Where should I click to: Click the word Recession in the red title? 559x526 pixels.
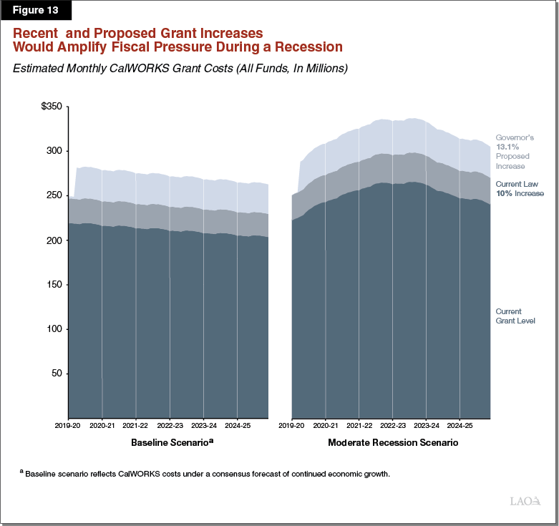[x=308, y=47]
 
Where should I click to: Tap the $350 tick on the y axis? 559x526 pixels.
[x=53, y=107]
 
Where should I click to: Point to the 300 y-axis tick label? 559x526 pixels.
[x=55, y=151]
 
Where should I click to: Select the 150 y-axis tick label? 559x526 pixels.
[x=55, y=285]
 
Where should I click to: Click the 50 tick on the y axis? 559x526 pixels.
[x=57, y=374]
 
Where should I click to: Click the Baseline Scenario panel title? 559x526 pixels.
[x=172, y=443]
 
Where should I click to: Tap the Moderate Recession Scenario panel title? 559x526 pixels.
[x=392, y=443]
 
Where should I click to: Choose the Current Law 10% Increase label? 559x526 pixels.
[x=520, y=189]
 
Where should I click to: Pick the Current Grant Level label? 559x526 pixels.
[x=515, y=316]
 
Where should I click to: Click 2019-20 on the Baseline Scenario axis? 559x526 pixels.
[x=68, y=425]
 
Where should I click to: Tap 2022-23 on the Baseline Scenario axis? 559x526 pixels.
[x=170, y=425]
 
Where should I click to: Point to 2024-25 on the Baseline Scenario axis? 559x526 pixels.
[x=237, y=425]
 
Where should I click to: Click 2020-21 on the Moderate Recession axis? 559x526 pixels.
[x=325, y=425]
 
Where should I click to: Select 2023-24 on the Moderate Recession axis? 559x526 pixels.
[x=427, y=425]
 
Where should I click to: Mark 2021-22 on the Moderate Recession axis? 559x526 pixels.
[x=359, y=425]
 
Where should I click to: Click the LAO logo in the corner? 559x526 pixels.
[x=525, y=502]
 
